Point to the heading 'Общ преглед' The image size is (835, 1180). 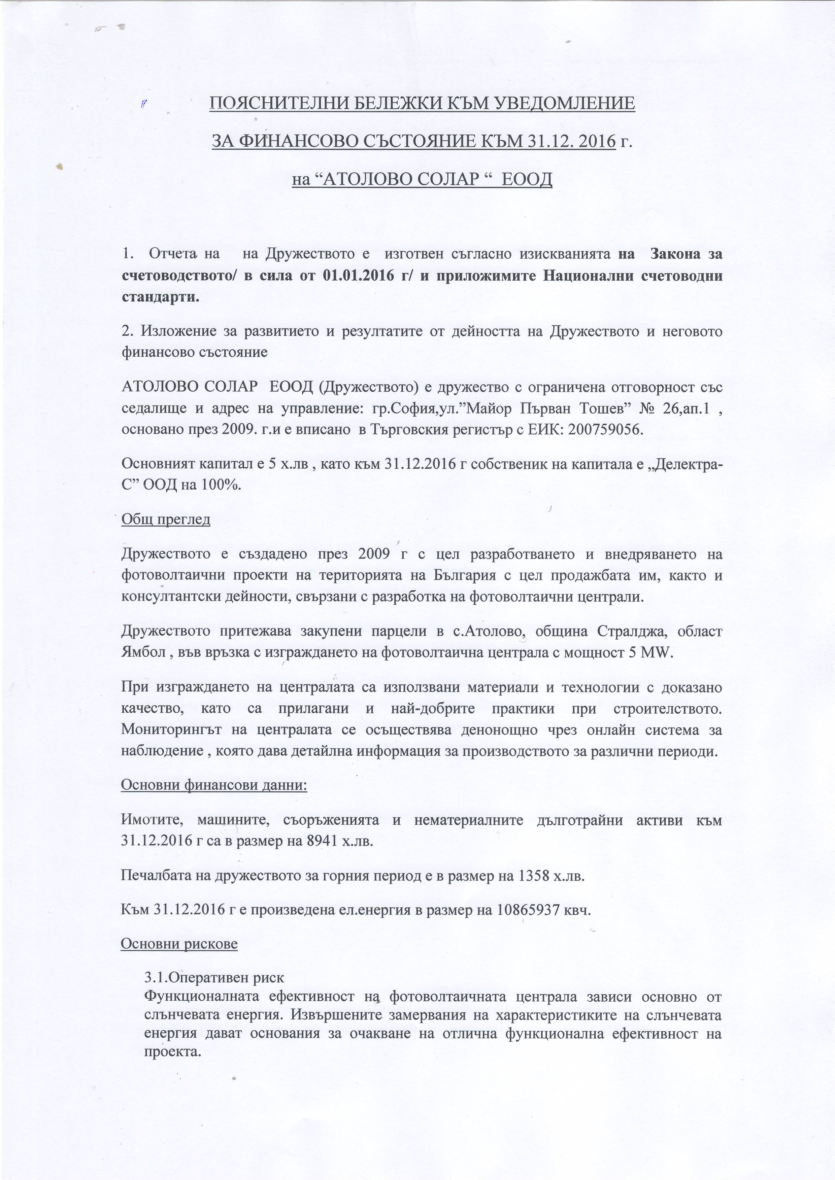click(166, 519)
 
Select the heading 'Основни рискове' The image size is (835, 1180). click(179, 943)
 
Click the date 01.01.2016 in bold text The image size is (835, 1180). click(358, 276)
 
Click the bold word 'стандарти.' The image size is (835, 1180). click(160, 297)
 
